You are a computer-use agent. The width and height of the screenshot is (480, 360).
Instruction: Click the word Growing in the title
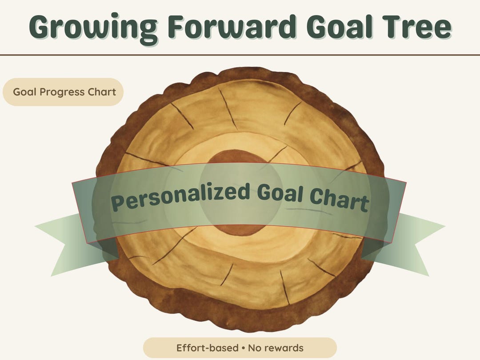pos(89,28)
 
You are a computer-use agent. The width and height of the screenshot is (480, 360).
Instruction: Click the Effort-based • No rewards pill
pos(240,348)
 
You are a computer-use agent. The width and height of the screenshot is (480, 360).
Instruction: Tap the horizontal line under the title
pos(240,55)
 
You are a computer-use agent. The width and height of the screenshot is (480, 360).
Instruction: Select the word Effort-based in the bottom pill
pos(208,348)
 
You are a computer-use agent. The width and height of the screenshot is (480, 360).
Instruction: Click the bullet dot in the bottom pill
pos(243,348)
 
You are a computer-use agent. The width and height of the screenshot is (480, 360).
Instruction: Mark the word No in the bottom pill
pos(256,348)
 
